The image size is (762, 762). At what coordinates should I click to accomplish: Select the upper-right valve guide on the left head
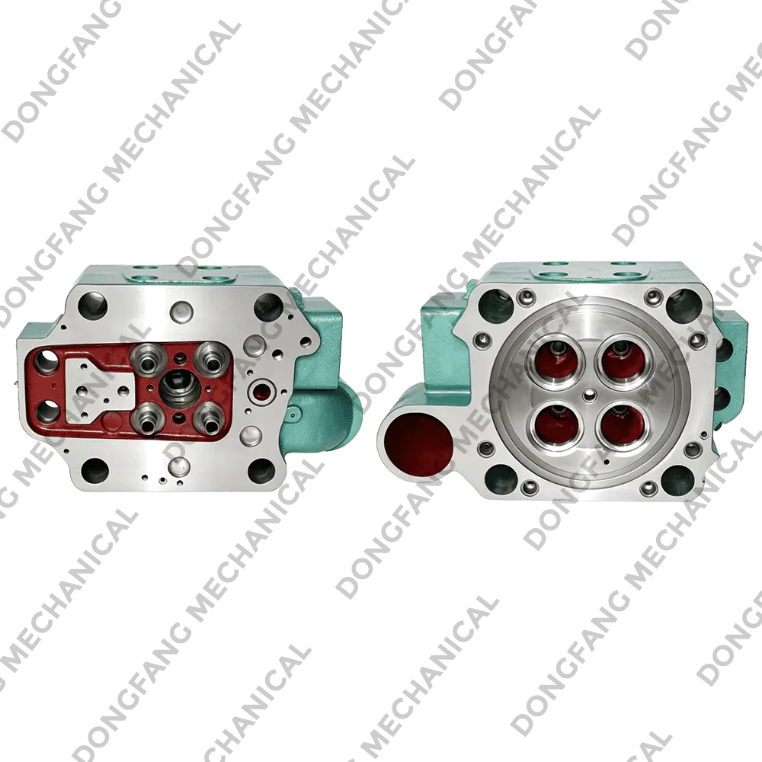(210, 358)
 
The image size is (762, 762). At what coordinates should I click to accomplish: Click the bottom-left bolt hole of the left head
(94, 470)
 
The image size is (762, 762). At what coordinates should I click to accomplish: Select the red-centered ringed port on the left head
(261, 389)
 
